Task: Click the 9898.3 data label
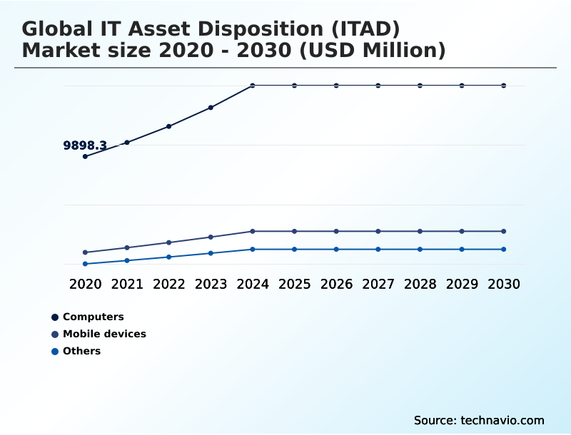point(85,145)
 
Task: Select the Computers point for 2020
point(85,156)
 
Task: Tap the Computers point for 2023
point(211,108)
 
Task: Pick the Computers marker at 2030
point(504,86)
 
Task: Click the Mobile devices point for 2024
point(253,231)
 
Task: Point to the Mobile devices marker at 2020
point(85,252)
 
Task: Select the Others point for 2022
point(168,257)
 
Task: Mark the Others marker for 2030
point(504,249)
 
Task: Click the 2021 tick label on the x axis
point(127,284)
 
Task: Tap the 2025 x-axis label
point(295,284)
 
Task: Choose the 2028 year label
point(420,284)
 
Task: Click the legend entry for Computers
point(93,317)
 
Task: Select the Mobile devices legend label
point(104,334)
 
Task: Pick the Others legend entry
point(81,351)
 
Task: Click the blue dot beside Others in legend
point(55,351)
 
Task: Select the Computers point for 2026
point(336,86)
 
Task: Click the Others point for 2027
point(378,249)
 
